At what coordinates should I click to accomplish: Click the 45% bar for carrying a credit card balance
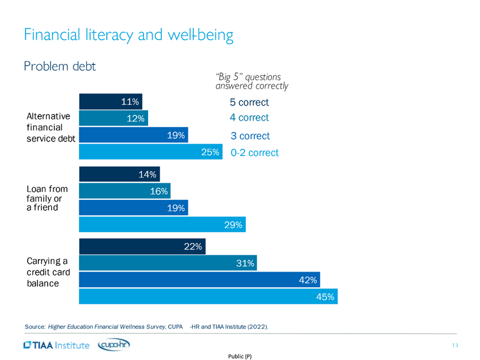pyautogui.click(x=207, y=296)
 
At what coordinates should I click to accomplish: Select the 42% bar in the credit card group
pyautogui.click(x=199, y=280)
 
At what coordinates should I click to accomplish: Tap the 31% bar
pyautogui.click(x=167, y=263)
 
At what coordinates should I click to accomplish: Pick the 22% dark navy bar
pyautogui.click(x=141, y=246)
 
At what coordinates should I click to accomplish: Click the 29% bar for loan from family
pyautogui.click(x=162, y=224)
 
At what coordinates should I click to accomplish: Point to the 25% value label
pyautogui.click(x=210, y=152)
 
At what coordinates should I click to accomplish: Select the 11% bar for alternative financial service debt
pyautogui.click(x=110, y=102)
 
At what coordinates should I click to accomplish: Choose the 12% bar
pyautogui.click(x=113, y=118)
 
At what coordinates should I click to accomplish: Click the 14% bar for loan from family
pyautogui.click(x=118, y=175)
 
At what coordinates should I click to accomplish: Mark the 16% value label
pyautogui.click(x=158, y=191)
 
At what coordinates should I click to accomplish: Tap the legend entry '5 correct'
pyautogui.click(x=249, y=103)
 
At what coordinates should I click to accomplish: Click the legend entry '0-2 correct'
pyautogui.click(x=254, y=153)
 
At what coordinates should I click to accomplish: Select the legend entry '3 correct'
pyautogui.click(x=250, y=136)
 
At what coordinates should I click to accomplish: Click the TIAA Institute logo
pyautogui.click(x=56, y=345)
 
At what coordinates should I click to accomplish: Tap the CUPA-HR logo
pyautogui.click(x=114, y=345)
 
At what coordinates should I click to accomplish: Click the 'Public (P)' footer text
pyautogui.click(x=239, y=356)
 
